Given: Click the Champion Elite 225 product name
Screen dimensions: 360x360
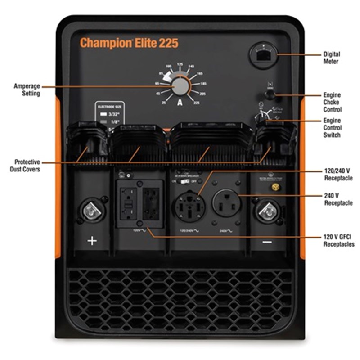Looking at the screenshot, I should (x=129, y=43).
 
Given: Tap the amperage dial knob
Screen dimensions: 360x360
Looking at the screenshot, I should (x=180, y=86).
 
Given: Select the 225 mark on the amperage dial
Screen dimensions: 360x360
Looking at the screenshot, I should (x=197, y=103).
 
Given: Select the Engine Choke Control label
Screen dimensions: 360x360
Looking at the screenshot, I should (x=332, y=102).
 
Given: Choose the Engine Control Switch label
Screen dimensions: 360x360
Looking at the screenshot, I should (x=332, y=128).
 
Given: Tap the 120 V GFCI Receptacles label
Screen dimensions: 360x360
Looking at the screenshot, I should (x=338, y=240).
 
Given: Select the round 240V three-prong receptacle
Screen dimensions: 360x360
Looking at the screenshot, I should (x=227, y=203).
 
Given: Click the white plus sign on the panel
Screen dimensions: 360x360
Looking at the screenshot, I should (x=92, y=241).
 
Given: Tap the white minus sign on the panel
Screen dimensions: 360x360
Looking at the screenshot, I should (x=267, y=242).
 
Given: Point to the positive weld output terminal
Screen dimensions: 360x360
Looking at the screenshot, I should (x=92, y=210).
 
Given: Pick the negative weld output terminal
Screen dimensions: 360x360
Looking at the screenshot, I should (x=268, y=210).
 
